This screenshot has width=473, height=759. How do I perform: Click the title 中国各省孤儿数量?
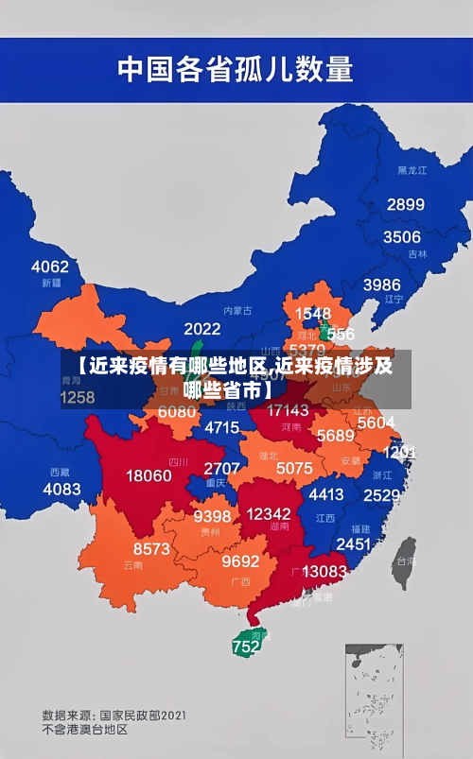[x=235, y=68]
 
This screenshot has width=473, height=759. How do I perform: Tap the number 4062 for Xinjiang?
[x=50, y=267]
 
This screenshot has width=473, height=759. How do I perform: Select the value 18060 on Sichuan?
[x=149, y=475]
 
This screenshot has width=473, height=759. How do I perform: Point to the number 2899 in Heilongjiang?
[x=405, y=204]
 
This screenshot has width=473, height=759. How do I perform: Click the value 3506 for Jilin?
[x=401, y=236]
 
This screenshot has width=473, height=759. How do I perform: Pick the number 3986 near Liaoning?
[x=381, y=285]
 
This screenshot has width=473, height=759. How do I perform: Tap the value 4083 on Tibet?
[x=61, y=489]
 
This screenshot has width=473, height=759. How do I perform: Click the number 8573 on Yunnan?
[x=151, y=548]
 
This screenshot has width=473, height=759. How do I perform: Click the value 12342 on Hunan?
[x=268, y=513]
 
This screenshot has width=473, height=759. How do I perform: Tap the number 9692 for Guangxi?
[x=240, y=561]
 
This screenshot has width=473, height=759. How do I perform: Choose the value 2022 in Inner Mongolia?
[x=201, y=329]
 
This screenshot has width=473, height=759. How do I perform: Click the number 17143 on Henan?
[x=288, y=410]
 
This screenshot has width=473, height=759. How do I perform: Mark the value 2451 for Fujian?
[x=353, y=543]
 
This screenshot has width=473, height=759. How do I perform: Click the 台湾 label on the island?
[x=404, y=560]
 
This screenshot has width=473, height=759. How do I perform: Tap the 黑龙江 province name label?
[x=412, y=170]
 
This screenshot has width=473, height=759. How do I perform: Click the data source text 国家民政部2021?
[x=142, y=715]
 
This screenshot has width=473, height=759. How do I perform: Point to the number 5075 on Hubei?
[x=294, y=468]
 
